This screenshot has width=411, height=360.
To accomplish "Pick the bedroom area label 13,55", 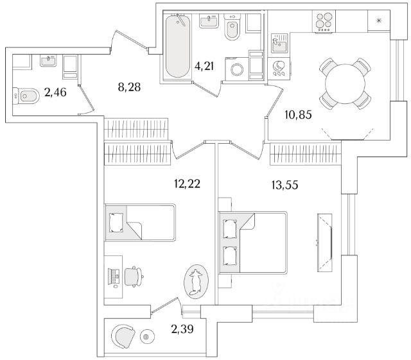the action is (284, 185).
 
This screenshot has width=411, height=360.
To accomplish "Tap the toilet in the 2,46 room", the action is (27, 97).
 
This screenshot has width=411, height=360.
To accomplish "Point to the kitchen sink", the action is (279, 45).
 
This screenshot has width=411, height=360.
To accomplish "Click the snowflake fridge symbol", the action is (379, 21).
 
